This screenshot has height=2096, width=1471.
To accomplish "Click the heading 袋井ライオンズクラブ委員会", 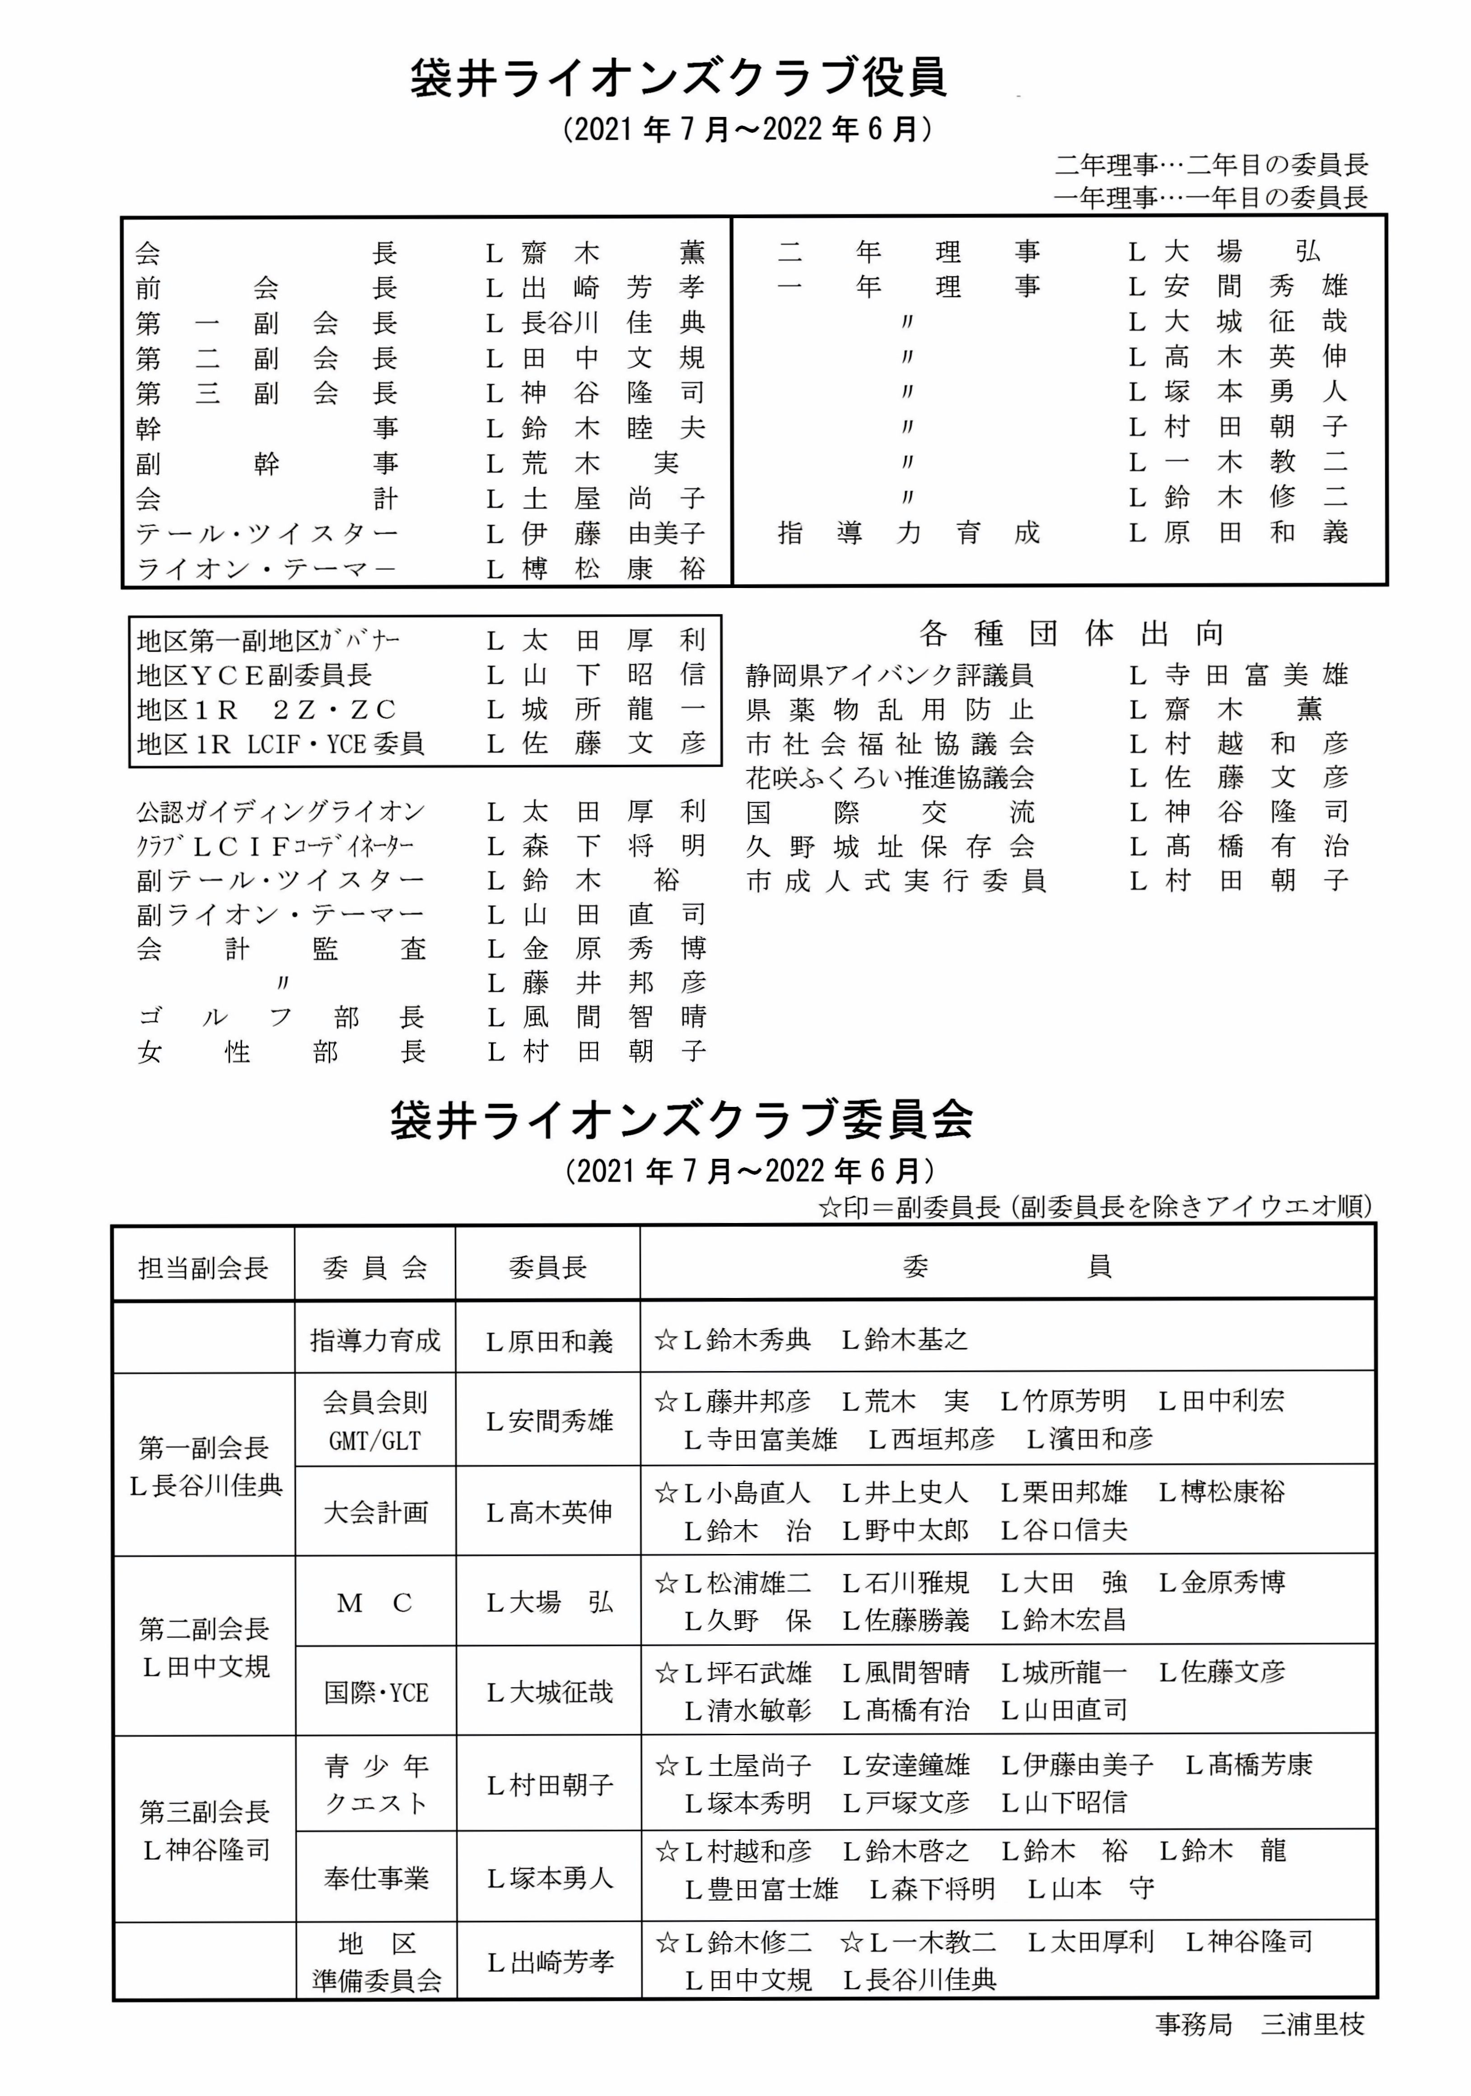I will coord(681,1120).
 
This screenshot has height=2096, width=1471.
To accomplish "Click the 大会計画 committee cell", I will coord(375,1512).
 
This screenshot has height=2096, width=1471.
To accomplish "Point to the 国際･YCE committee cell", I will coord(375,1693).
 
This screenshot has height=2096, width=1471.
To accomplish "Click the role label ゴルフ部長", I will coord(281,1017).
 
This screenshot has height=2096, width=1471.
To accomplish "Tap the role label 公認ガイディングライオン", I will coord(281,812).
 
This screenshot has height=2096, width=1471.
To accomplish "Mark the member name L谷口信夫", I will coord(1064,1530).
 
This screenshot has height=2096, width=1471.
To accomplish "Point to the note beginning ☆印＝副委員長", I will coord(1095,1207).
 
